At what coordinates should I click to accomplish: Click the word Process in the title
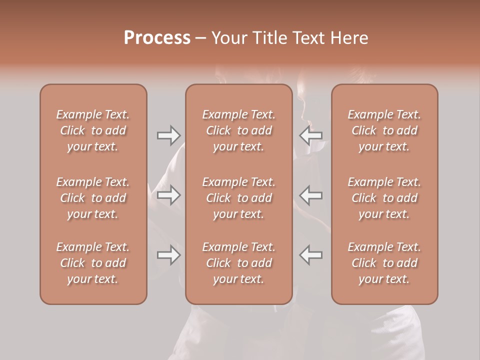point(157,38)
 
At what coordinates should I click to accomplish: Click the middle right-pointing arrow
point(168,195)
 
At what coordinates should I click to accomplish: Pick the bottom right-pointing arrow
point(168,255)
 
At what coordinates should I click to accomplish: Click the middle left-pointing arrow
point(311,195)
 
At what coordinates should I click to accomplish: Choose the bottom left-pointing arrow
point(311,255)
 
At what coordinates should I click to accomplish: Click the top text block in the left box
point(93,130)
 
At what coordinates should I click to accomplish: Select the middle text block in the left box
point(93,198)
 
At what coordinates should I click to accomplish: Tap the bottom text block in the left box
point(93,263)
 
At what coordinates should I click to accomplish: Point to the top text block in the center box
point(239,130)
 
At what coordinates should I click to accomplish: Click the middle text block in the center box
point(239,198)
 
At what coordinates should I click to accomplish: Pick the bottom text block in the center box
point(239,263)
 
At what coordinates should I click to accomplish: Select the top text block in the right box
point(384,130)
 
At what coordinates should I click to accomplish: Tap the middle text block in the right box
point(384,198)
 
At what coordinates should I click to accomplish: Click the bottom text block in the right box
point(384,263)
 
